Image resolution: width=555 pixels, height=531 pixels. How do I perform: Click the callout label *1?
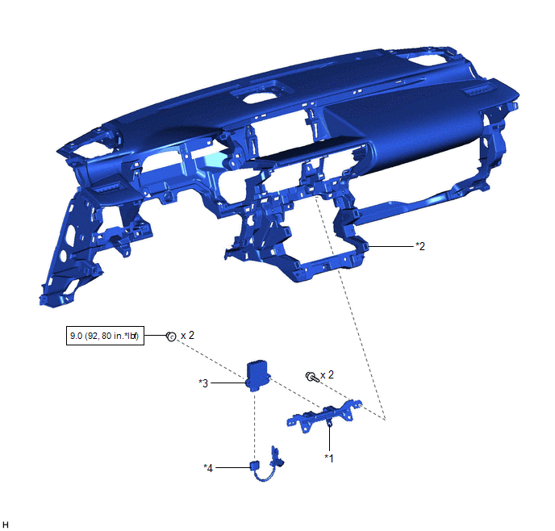tap(329, 458)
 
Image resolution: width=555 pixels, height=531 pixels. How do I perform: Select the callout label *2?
tap(420, 246)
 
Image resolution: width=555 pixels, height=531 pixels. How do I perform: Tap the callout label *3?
tap(203, 383)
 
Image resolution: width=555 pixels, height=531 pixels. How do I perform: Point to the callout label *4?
tap(208, 468)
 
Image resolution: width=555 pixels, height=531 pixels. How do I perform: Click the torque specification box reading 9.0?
tap(105, 336)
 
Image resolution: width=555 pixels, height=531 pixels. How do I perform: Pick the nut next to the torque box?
tap(171, 337)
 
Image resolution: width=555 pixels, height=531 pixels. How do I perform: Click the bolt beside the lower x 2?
tap(312, 377)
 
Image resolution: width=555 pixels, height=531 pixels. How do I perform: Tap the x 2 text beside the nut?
tap(187, 335)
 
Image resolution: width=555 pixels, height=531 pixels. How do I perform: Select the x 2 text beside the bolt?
tap(327, 374)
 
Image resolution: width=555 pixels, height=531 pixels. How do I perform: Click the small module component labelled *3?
tap(257, 375)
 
